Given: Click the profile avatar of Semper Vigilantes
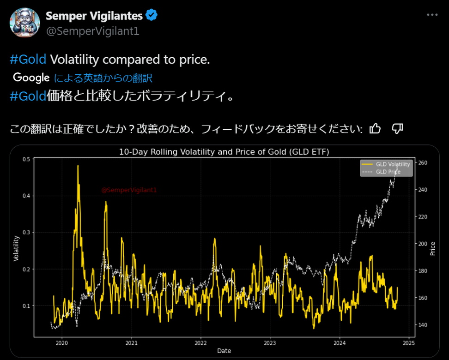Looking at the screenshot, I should [25, 22].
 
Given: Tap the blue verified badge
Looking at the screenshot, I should [152, 15].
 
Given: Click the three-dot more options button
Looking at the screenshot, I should [431, 15].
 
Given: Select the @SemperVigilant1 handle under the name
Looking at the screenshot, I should [92, 31].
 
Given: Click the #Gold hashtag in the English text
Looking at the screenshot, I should [28, 60].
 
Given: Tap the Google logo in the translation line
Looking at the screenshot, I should [31, 78].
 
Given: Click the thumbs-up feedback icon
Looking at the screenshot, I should [376, 128].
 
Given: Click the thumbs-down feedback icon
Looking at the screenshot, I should [397, 128].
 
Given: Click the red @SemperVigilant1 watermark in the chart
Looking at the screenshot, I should [129, 190].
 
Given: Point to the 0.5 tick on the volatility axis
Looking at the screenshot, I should [26, 159].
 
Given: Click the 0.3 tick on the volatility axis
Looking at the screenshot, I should [26, 232].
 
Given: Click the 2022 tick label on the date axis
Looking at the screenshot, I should [200, 343].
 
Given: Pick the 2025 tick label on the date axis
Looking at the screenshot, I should [409, 343].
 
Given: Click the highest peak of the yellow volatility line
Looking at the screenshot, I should [78, 166].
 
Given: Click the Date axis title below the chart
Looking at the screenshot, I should [224, 351].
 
